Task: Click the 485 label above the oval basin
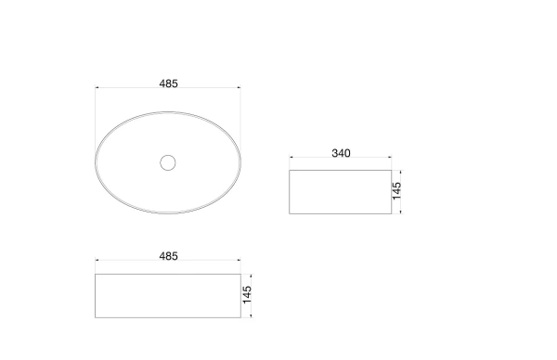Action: [x=168, y=84]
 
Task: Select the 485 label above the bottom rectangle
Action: [x=168, y=256]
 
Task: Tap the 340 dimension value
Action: [x=341, y=153]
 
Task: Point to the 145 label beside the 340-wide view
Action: [x=396, y=191]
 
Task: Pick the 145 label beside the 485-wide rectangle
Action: [x=247, y=295]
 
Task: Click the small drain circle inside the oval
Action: [x=168, y=162]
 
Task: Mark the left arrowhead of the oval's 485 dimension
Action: [x=97, y=87]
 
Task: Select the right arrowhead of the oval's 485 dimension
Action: [x=240, y=87]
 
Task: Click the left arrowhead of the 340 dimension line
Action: [x=291, y=157]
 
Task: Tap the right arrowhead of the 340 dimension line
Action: [x=390, y=157]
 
